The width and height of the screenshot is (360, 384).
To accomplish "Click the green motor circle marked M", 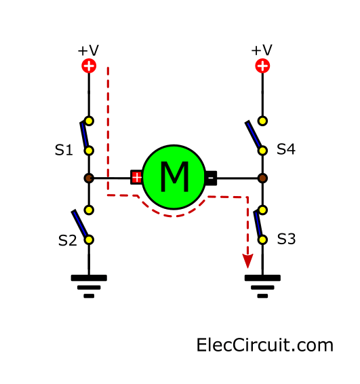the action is pyautogui.click(x=174, y=177).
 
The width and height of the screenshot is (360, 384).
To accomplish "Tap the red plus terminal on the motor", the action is pyautogui.click(x=136, y=177).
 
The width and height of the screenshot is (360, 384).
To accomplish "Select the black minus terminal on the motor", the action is pyautogui.click(x=211, y=178).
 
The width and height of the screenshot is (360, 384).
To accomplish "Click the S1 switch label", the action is pyautogui.click(x=64, y=150).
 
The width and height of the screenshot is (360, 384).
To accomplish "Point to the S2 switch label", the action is pyautogui.click(x=68, y=240).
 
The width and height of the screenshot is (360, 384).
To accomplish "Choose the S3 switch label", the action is pyautogui.click(x=286, y=239).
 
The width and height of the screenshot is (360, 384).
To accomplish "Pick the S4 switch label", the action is pyautogui.click(x=286, y=149).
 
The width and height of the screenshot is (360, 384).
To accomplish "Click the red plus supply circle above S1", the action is pyautogui.click(x=89, y=66).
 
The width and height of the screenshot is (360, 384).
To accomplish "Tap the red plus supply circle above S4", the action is pyautogui.click(x=262, y=66).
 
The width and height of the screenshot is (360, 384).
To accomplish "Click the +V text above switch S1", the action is pyautogui.click(x=88, y=50).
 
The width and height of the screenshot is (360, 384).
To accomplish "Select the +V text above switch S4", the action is pyautogui.click(x=262, y=50).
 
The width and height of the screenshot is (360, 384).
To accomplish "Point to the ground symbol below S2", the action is pyautogui.click(x=89, y=286).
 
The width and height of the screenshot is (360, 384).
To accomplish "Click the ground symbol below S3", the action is pyautogui.click(x=262, y=286).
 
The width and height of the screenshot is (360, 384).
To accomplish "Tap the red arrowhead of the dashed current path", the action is pyautogui.click(x=247, y=261).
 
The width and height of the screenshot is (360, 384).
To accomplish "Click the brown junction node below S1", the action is pyautogui.click(x=89, y=178).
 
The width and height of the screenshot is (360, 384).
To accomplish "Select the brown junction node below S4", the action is pyautogui.click(x=262, y=178).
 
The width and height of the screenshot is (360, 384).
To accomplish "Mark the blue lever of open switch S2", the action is pyautogui.click(x=79, y=223).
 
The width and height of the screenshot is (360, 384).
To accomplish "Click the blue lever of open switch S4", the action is pyautogui.click(x=254, y=134).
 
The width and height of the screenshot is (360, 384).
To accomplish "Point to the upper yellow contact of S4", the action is pyautogui.click(x=262, y=121).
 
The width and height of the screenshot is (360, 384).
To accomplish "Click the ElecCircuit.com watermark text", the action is pyautogui.click(x=265, y=345).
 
